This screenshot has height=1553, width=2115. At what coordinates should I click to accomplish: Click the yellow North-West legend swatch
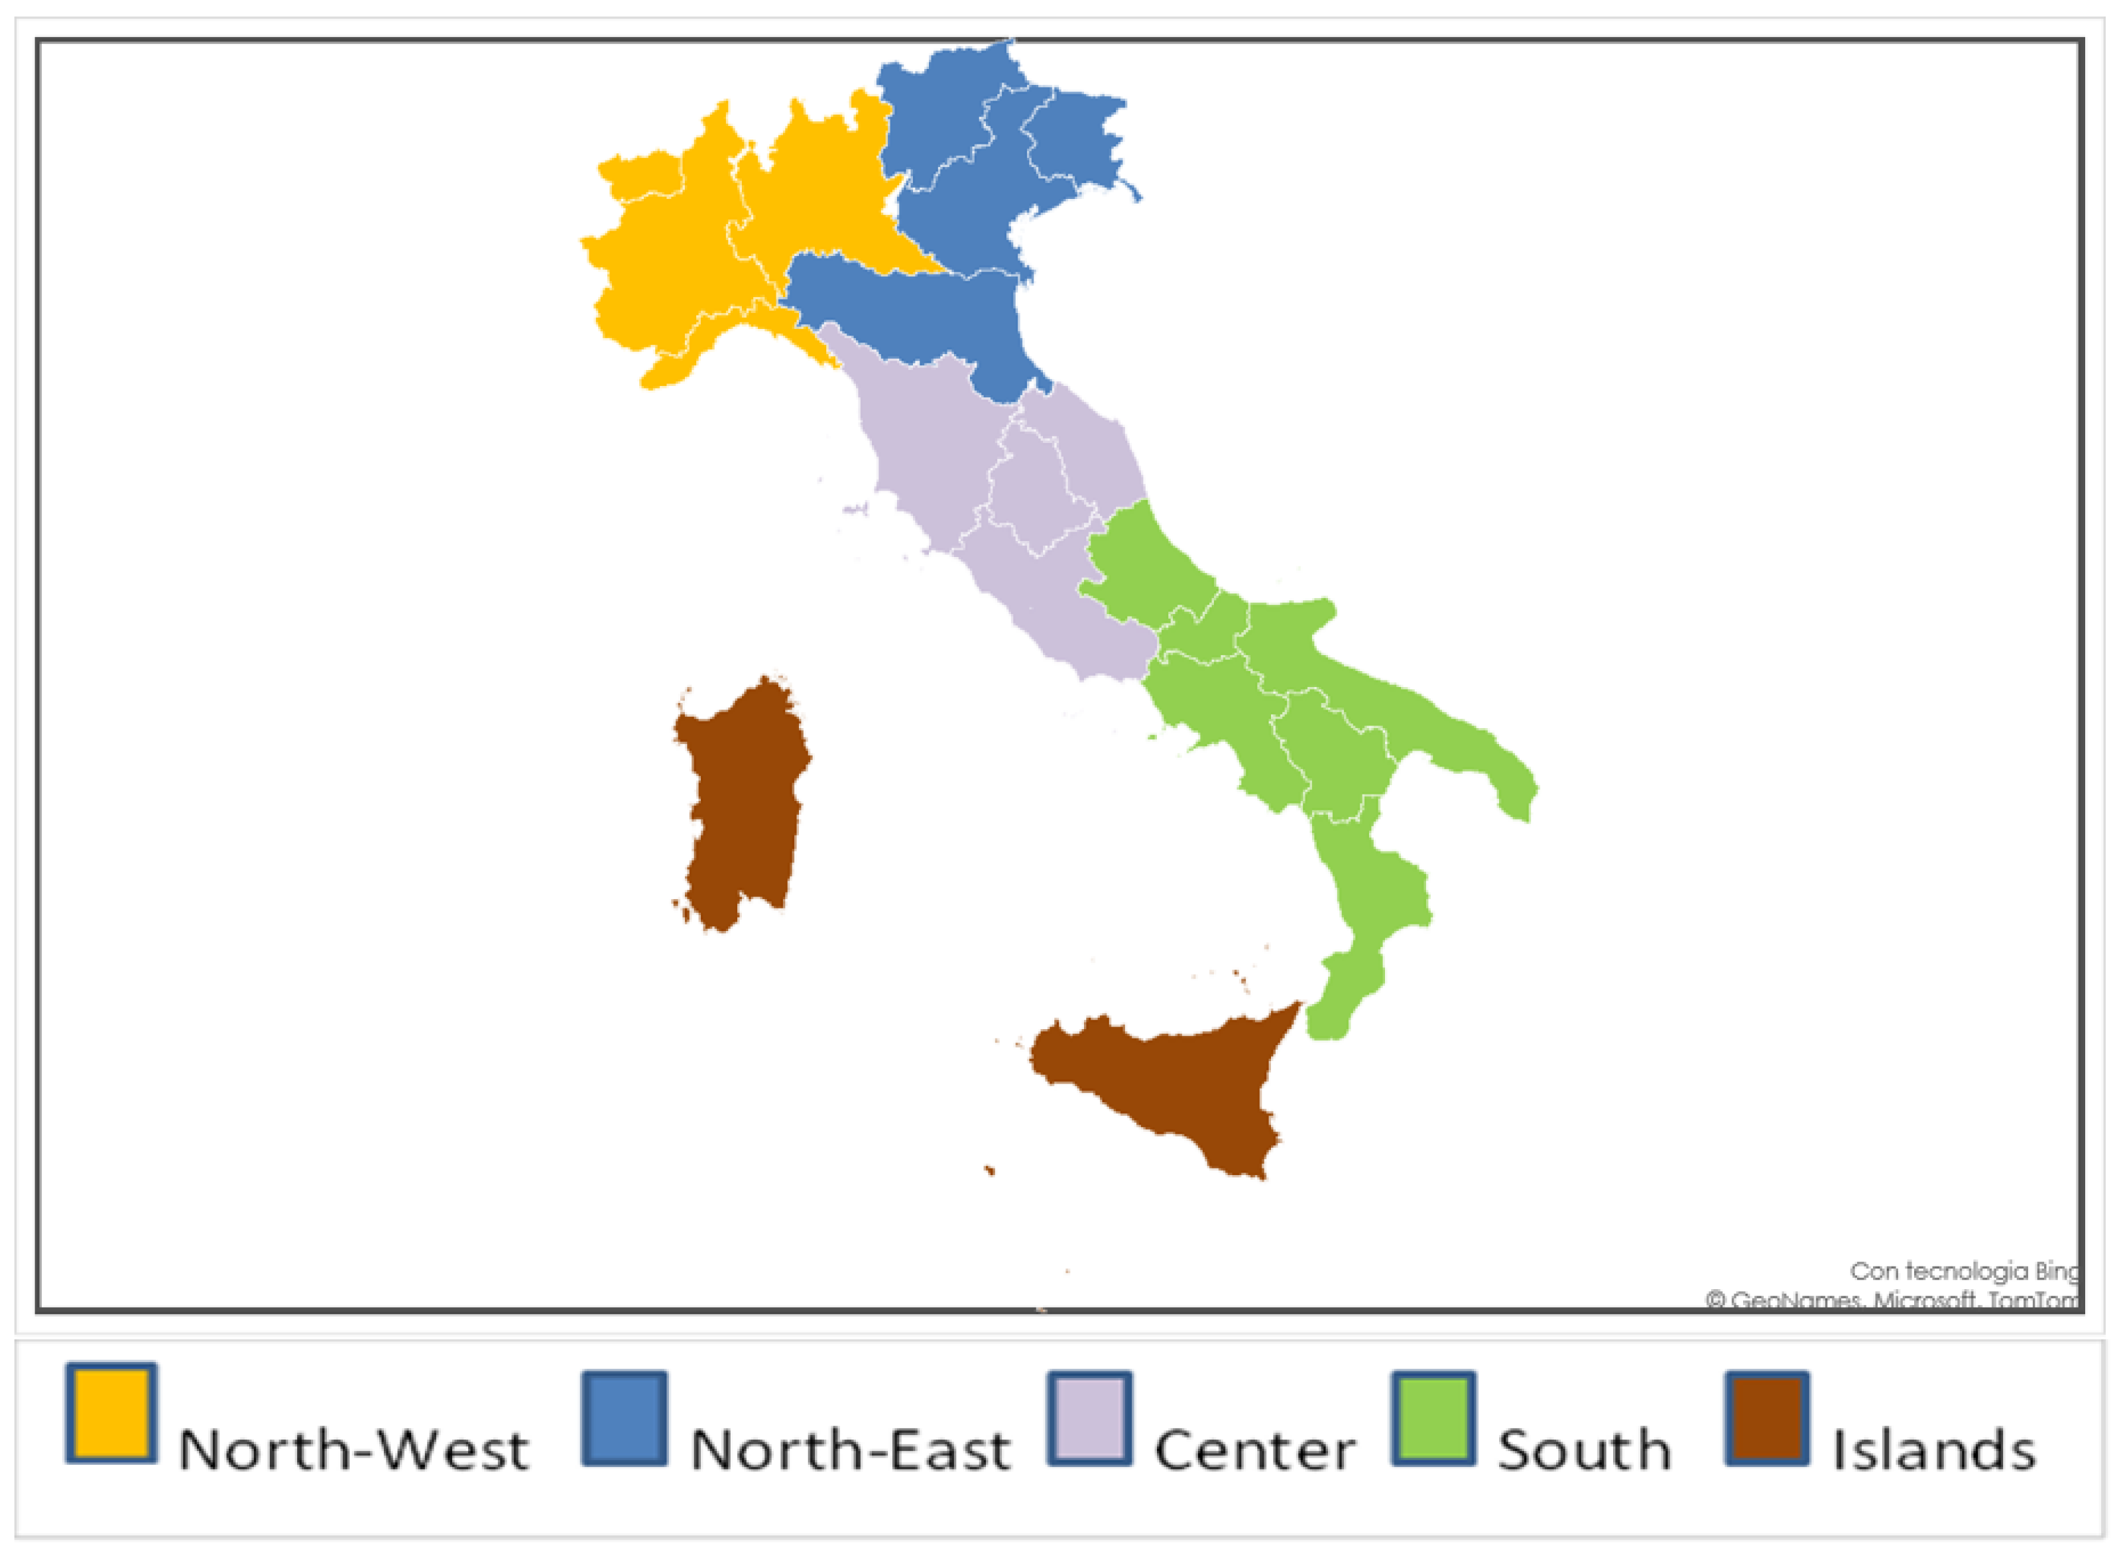tap(111, 1413)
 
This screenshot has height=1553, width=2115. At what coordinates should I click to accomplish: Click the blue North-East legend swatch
tap(624, 1418)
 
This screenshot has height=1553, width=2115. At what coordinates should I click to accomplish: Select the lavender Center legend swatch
tap(1089, 1418)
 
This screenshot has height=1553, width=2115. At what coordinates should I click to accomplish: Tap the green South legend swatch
tap(1433, 1418)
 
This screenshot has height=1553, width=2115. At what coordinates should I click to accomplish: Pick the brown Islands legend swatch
tap(1767, 1418)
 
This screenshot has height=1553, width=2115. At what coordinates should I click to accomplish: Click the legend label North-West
tap(353, 1450)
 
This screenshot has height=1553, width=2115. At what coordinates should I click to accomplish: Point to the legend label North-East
tap(850, 1450)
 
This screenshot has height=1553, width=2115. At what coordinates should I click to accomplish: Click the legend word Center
tap(1255, 1450)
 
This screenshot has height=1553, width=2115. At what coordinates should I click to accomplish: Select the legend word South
tap(1584, 1450)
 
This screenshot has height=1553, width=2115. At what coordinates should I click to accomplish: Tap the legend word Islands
tap(1933, 1450)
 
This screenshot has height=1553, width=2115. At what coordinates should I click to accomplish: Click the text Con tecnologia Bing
tap(1963, 1271)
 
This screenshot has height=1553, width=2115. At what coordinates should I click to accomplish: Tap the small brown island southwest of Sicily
tap(989, 1170)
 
